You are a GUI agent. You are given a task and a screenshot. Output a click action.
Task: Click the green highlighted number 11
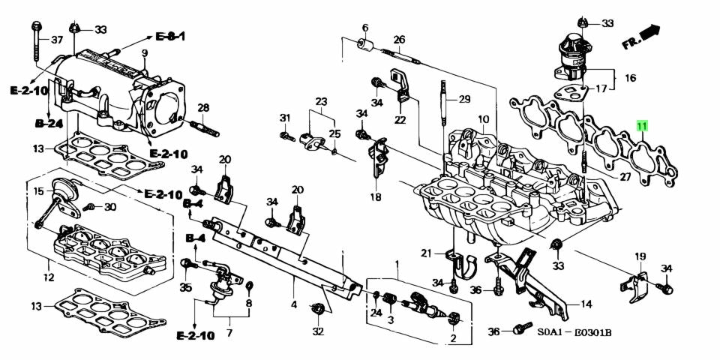pyautogui.click(x=641, y=127)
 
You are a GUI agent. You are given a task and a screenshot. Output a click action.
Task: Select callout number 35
pyautogui.click(x=185, y=287)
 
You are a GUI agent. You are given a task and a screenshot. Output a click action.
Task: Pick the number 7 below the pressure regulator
pyautogui.click(x=229, y=331)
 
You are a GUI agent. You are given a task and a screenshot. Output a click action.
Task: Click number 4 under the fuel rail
pyautogui.click(x=294, y=305)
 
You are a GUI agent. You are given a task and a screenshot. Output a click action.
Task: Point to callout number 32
pyautogui.click(x=318, y=331)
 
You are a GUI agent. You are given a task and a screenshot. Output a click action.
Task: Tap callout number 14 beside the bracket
pyautogui.click(x=586, y=304)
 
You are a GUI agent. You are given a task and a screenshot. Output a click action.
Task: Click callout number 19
pyautogui.click(x=640, y=257)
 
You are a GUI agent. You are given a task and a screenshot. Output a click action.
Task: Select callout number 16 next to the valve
pyautogui.click(x=630, y=78)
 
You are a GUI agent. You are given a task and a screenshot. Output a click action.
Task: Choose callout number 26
pyautogui.click(x=399, y=40)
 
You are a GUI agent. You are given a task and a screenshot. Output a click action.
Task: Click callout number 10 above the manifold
pyautogui.click(x=482, y=119)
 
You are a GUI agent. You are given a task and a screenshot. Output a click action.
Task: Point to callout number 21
pyautogui.click(x=426, y=252)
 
